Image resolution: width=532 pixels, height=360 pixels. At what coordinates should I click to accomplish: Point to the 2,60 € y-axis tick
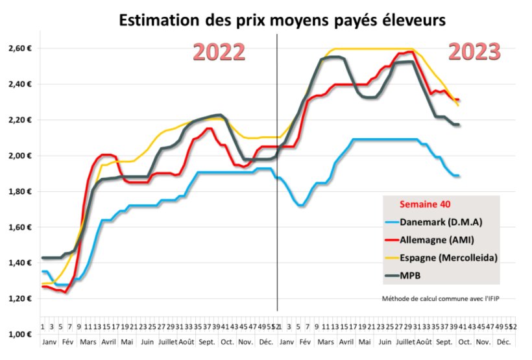point(19,49)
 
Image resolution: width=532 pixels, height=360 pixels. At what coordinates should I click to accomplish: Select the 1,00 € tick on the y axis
point(19,334)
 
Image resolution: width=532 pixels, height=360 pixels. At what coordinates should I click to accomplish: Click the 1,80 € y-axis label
point(19,191)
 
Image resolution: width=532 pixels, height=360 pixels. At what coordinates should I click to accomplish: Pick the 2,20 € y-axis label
point(19,120)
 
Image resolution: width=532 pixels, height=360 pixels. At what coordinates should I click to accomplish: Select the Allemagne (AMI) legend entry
point(441,240)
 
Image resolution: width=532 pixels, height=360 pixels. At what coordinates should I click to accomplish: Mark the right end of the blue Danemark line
point(459,176)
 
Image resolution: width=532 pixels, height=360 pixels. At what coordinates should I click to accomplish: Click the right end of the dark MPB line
point(459,125)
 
